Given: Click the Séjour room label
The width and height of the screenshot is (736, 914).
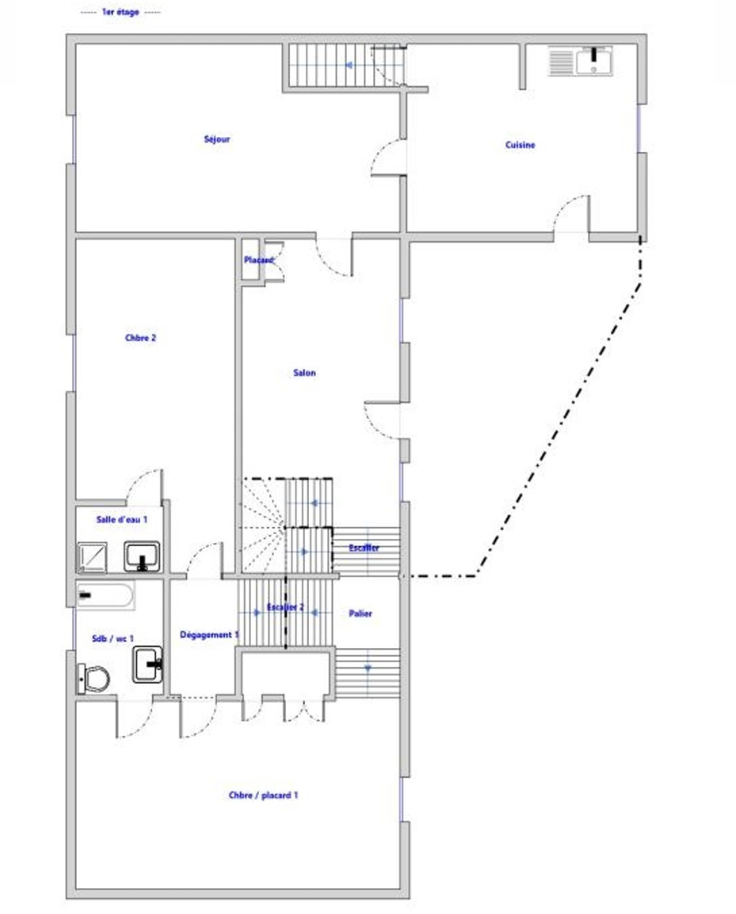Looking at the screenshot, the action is [216, 139].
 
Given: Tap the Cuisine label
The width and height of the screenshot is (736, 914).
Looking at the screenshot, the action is [520, 145].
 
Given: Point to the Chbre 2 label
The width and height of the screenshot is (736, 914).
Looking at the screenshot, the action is [141, 337].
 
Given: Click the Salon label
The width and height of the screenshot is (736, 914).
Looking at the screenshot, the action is [304, 373].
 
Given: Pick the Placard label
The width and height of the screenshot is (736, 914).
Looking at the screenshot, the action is [258, 260].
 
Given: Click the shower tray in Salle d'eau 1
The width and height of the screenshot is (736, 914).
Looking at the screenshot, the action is [92, 556].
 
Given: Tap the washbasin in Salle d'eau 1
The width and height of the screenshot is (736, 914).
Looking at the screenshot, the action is [142, 556].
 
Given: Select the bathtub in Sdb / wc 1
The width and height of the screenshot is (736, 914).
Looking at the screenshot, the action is [105, 595].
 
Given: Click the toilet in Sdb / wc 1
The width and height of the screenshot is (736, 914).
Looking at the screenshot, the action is [93, 678].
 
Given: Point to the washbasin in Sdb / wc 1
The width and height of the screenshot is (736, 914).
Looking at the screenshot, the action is [147, 664].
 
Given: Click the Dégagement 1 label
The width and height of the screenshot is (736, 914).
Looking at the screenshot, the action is [209, 635].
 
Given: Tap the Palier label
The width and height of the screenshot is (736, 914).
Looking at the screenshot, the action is [360, 613].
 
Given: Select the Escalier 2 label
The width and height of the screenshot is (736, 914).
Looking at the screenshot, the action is [285, 608].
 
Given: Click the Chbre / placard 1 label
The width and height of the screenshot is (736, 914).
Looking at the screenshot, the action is [263, 795].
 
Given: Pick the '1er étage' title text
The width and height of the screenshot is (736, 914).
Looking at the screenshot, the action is [120, 12].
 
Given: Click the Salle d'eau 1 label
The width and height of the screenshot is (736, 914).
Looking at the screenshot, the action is [121, 519].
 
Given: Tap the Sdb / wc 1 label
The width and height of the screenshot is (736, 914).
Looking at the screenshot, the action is [112, 639].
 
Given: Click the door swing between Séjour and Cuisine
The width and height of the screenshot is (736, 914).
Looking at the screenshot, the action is [387, 157].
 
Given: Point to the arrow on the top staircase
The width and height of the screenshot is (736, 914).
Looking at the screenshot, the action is [349, 65].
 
